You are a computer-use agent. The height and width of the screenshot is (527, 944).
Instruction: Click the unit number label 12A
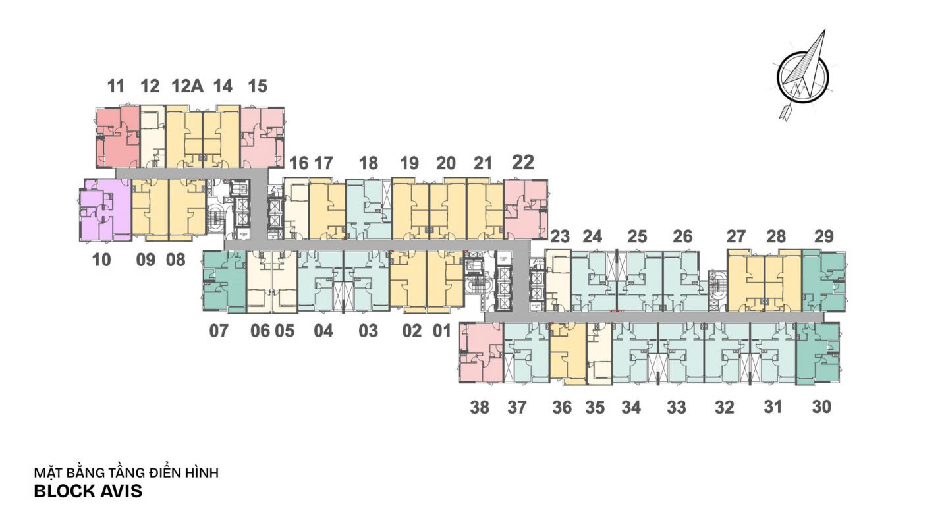[x=186, y=86]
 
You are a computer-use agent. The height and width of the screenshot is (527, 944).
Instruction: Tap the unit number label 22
[x=523, y=163]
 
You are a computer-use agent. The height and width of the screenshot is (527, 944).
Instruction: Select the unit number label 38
[x=480, y=408]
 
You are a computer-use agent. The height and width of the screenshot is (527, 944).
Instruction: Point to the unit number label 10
[x=101, y=260]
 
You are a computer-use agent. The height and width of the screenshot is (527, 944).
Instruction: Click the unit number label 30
[x=821, y=407]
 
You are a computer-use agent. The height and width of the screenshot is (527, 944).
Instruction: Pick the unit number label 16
[x=298, y=163]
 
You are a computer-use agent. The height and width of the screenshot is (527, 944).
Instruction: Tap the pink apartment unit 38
[x=481, y=353]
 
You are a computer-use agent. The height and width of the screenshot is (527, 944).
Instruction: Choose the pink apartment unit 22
[x=525, y=209]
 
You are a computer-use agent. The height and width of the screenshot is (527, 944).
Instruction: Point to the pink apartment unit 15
[x=262, y=136]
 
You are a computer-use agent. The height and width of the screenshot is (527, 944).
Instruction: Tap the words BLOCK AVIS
[x=88, y=491]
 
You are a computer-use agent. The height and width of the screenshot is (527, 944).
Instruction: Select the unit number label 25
[x=637, y=236]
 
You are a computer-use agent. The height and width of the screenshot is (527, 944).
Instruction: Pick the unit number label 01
[x=442, y=331]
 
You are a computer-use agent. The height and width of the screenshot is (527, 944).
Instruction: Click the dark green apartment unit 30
[x=818, y=353]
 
